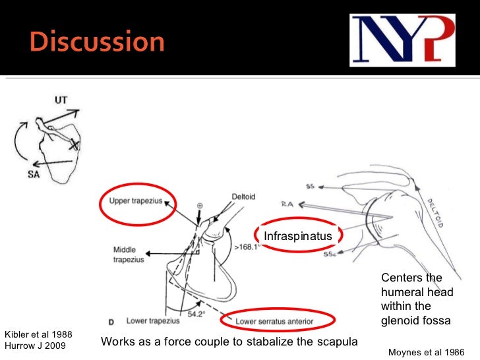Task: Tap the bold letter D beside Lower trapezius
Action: click(110, 321)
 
